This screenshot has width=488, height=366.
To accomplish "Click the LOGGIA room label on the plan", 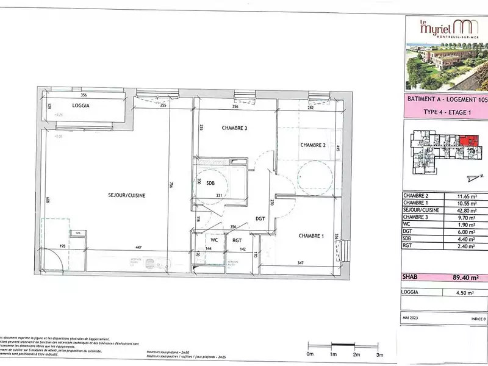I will (x=81, y=106).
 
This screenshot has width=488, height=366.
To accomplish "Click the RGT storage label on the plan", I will (x=238, y=240).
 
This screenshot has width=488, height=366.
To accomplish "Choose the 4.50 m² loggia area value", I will (x=465, y=291).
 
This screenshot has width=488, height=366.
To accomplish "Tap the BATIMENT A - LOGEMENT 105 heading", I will (x=447, y=99).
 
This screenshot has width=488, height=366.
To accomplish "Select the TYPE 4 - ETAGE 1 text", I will (x=447, y=112).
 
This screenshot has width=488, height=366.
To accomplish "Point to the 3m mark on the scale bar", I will (x=379, y=354).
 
